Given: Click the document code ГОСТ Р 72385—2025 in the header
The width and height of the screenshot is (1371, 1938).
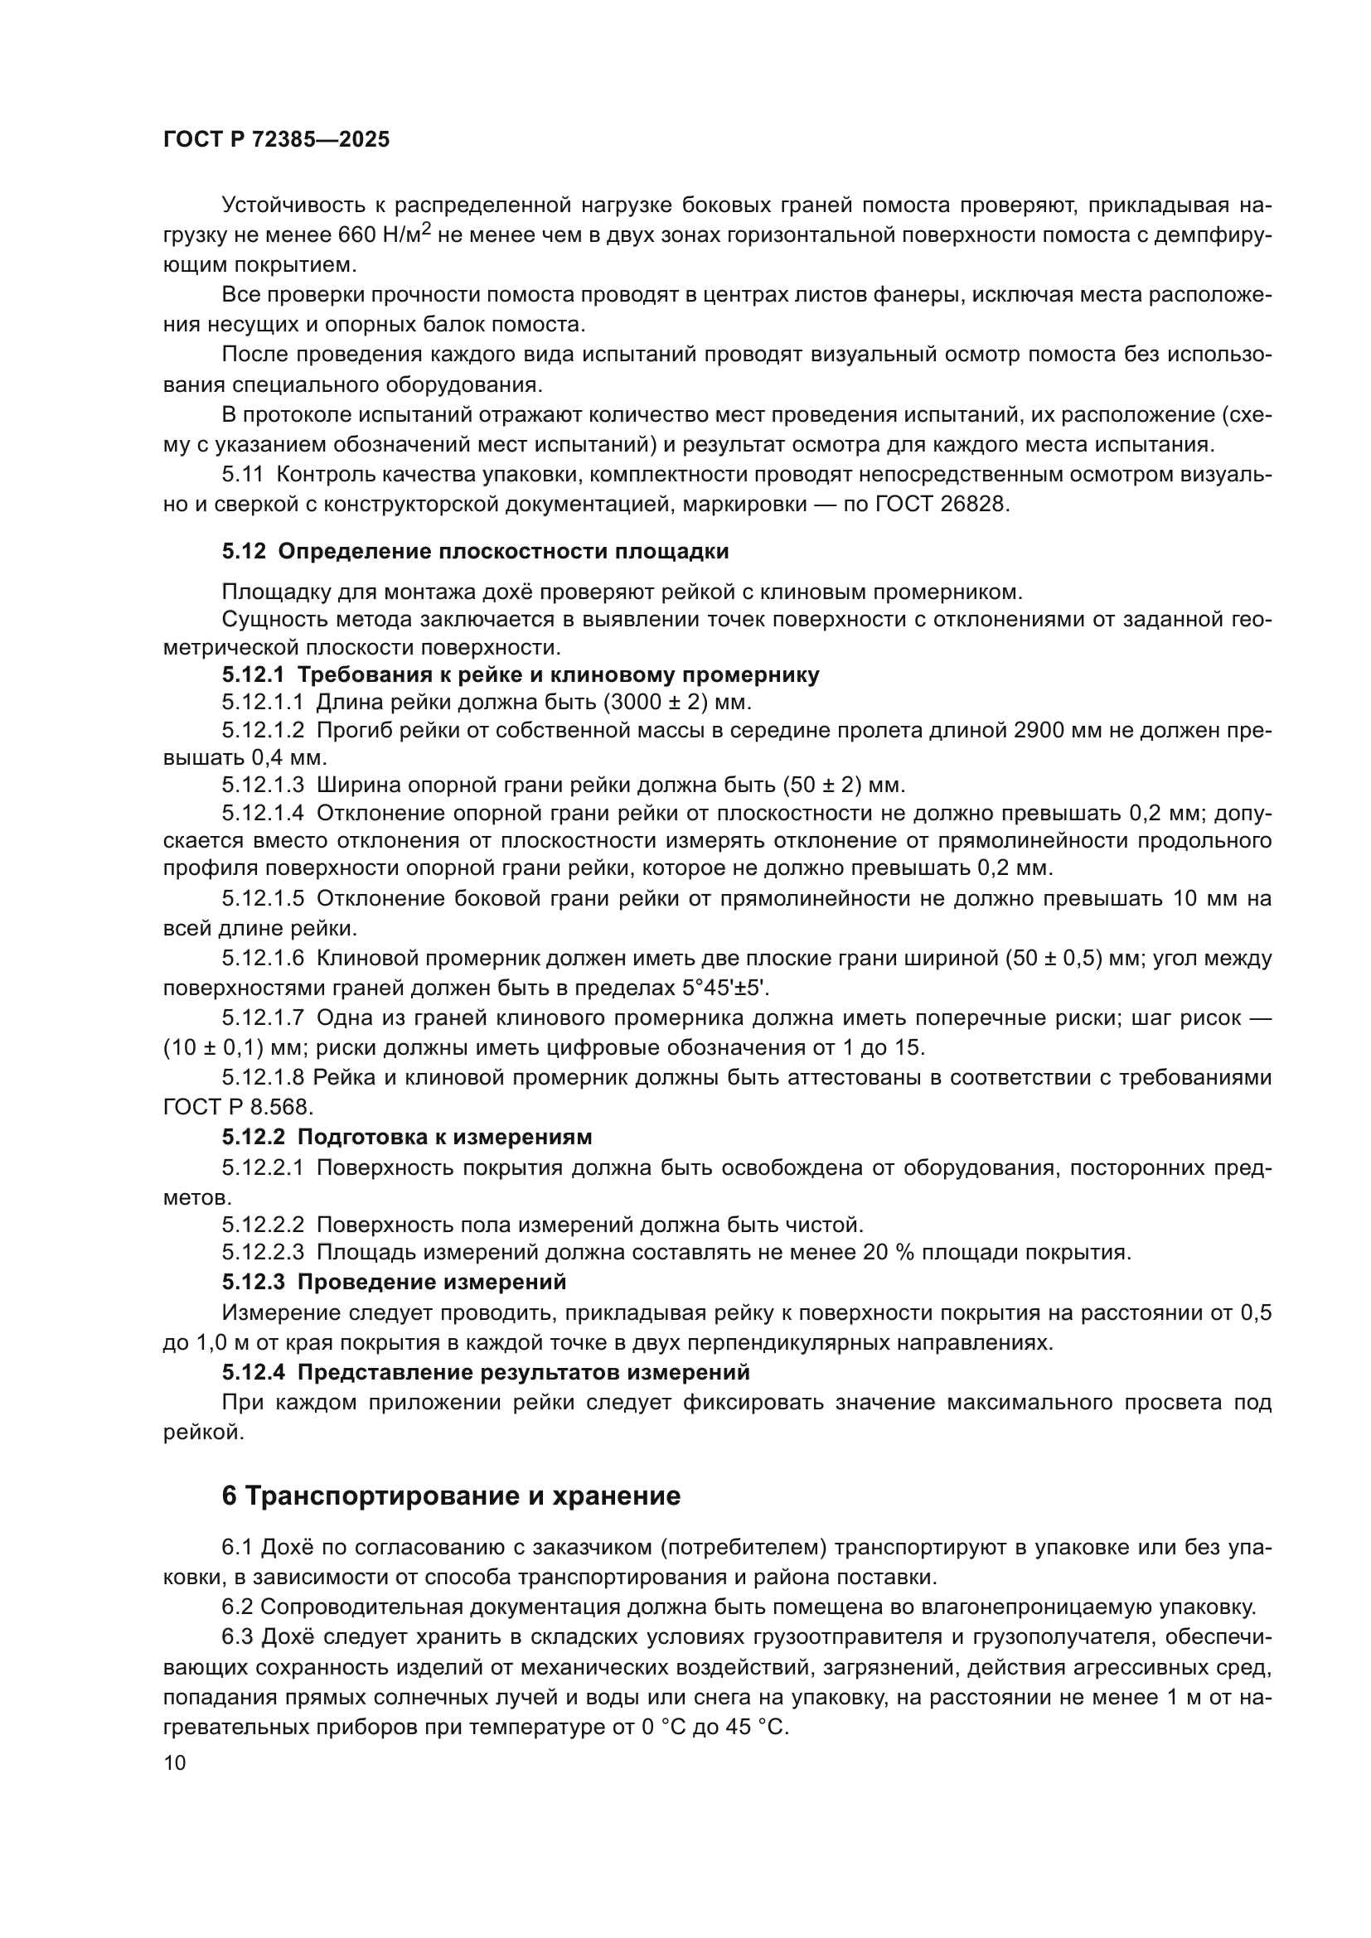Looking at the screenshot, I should tap(276, 140).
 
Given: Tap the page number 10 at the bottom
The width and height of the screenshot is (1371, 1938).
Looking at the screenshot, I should tap(175, 1762).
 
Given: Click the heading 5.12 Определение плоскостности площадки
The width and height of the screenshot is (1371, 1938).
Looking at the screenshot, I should tap(475, 551).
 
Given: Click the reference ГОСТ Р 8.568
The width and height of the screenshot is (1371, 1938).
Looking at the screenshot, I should tap(238, 1107).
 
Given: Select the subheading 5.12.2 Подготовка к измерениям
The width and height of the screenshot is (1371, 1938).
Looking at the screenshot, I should tap(407, 1137).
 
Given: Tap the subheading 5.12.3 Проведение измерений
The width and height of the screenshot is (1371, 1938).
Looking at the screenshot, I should tap(395, 1282).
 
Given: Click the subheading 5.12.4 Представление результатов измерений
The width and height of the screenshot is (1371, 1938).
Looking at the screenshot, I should tap(486, 1372).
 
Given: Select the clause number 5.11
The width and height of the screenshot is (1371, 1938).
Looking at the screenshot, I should tap(243, 475).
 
